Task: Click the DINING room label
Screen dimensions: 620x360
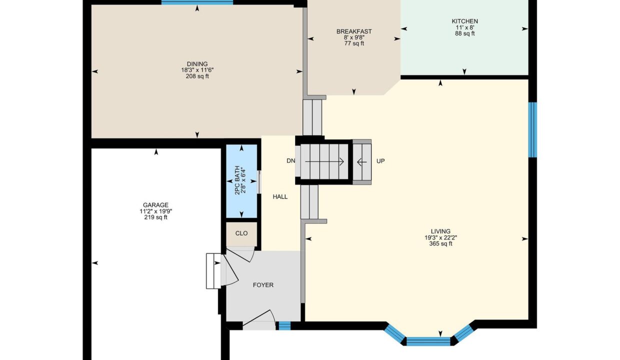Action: tap(197, 64)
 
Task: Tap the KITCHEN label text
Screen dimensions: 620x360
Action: tap(464, 21)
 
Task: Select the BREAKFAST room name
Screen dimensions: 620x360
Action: tap(354, 31)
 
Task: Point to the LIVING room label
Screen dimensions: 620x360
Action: tap(440, 231)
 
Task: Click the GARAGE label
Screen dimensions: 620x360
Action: tap(155, 205)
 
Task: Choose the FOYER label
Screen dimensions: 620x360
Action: tap(263, 285)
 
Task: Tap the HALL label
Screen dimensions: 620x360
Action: tap(280, 196)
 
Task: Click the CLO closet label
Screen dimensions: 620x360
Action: tap(241, 233)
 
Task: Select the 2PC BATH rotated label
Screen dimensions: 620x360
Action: tap(237, 180)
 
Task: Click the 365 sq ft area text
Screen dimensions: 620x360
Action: tap(440, 244)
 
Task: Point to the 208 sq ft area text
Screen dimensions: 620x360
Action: tap(197, 76)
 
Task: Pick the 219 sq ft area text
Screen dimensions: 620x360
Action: tap(155, 217)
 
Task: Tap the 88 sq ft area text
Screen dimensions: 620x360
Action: tap(464, 33)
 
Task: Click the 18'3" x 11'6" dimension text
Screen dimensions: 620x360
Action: tap(197, 70)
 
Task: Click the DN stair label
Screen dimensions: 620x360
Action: tap(290, 161)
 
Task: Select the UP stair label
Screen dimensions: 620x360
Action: tap(380, 161)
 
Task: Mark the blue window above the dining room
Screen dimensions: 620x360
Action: tap(197, 2)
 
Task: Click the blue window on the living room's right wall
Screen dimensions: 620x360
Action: tap(533, 130)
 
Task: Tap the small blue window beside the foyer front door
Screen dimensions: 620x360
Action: tap(284, 325)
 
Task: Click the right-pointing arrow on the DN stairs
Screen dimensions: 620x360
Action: tap(324, 161)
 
